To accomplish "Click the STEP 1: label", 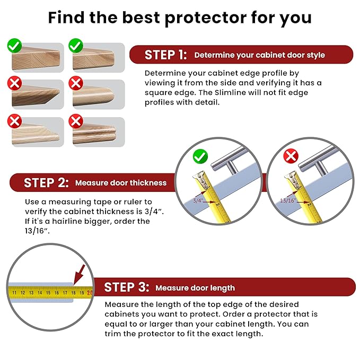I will click(166, 55).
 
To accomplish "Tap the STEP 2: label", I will click(46, 183).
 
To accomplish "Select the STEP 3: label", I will click(127, 287).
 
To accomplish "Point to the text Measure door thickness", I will click(121, 183).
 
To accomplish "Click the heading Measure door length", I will click(195, 288).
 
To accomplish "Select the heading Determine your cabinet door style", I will click(259, 55).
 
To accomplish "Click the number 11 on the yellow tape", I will click(14, 292).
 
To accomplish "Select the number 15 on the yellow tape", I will click(48, 292).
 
